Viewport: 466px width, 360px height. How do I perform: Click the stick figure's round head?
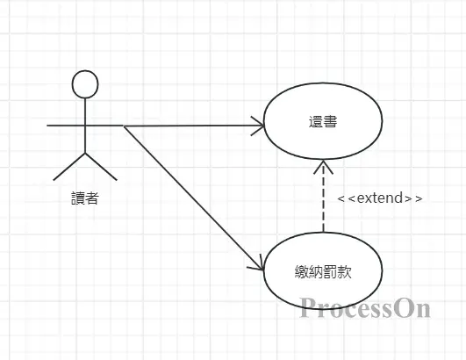tap(84, 84)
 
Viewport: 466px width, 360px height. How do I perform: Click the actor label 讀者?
tap(84, 198)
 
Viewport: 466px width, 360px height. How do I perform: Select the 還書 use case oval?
tap(323, 126)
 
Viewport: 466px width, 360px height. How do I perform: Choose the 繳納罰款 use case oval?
tap(323, 270)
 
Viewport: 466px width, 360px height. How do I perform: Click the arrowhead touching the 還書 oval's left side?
tap(258, 126)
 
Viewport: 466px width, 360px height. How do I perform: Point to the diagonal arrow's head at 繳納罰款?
tap(259, 266)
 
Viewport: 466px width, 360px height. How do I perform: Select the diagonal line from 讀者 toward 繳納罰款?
tap(193, 197)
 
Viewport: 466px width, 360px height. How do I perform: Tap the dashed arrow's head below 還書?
tap(323, 168)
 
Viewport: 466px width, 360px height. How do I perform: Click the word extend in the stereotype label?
tap(381, 198)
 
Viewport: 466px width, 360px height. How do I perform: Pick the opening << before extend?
tap(346, 198)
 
